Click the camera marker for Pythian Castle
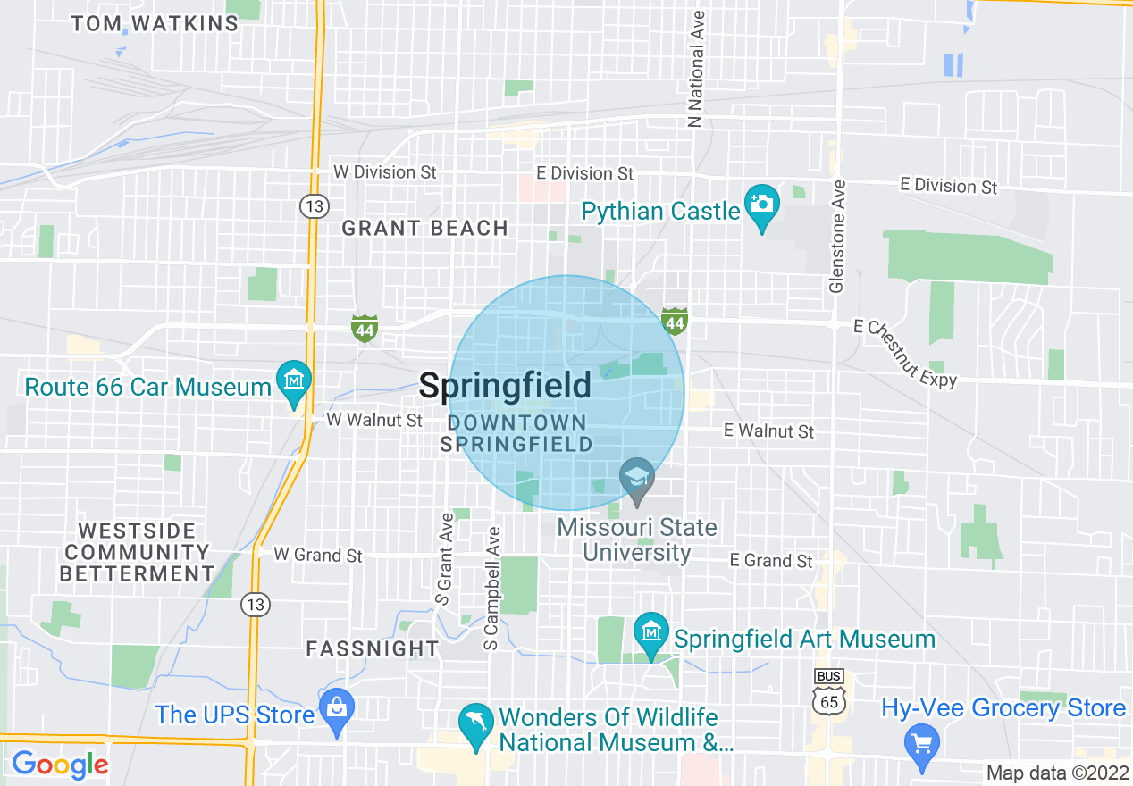point(761,205)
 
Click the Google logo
point(60,765)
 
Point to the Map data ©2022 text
point(1056,773)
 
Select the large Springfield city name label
point(505,386)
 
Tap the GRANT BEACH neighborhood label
point(425,229)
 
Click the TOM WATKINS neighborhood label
point(155,24)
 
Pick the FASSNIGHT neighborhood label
point(373,649)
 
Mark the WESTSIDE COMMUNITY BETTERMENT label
point(136,552)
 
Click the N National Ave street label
point(696,70)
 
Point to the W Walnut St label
point(373,419)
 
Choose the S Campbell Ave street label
point(492,588)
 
